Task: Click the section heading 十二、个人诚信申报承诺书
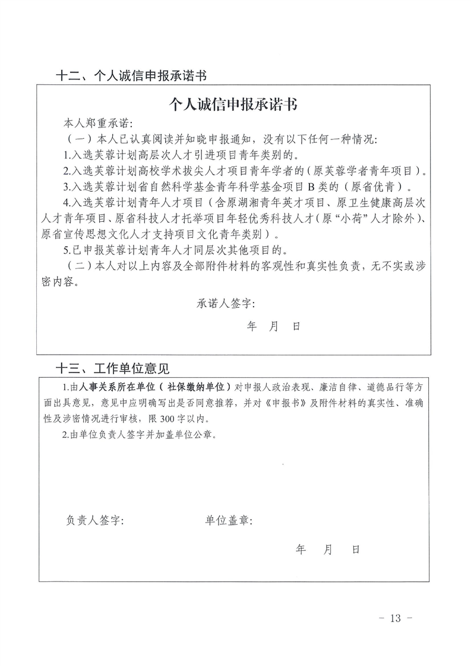click(x=131, y=76)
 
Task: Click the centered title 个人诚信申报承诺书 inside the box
click(x=233, y=105)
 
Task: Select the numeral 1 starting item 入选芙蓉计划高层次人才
click(x=67, y=156)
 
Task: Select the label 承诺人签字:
click(x=226, y=304)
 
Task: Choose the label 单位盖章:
click(x=229, y=521)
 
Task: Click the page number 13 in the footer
click(x=396, y=619)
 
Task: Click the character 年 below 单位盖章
click(x=301, y=550)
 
